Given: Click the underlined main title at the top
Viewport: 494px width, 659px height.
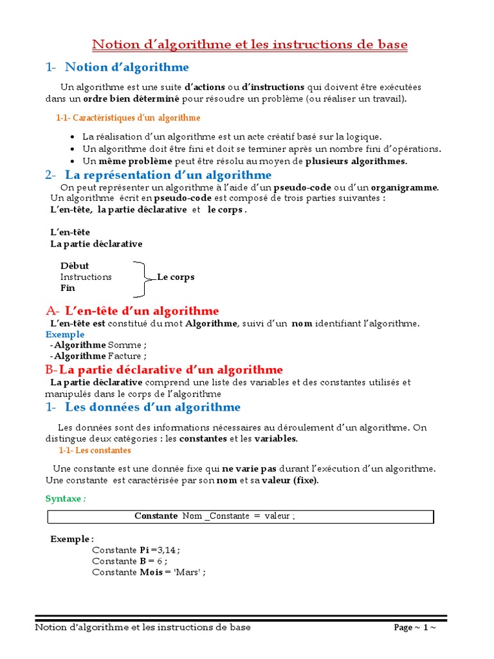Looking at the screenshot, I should coord(250,45).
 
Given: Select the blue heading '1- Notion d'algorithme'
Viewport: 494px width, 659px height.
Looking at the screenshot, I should coord(117,67).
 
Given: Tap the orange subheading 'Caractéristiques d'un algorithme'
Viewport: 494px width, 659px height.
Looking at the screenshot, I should coord(129,118).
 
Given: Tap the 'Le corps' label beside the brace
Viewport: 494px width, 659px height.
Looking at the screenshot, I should coord(176,277).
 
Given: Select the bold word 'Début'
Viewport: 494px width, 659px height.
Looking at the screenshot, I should coord(75,266).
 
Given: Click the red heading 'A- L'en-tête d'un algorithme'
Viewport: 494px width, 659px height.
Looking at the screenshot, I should coord(133,311).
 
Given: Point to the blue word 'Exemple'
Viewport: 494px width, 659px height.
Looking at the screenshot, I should coord(65,335).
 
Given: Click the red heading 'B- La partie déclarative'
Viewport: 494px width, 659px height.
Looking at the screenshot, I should coord(164,369).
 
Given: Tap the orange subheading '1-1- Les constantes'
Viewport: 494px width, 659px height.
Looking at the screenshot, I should coord(95,450).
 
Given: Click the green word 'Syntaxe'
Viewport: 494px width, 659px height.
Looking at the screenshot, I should coord(64,499).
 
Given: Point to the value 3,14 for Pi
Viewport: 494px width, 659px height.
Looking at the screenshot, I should coord(168,550).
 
